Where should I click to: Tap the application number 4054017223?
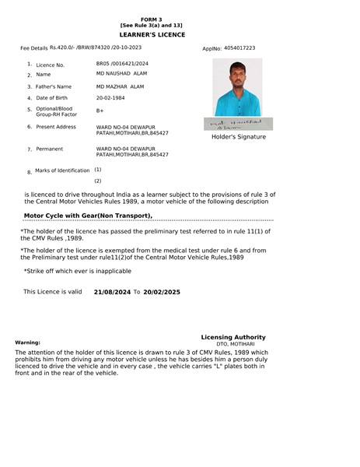coord(239,48)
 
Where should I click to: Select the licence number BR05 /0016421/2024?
coord(122,63)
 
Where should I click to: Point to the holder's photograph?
coord(236,87)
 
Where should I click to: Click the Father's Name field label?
coord(53,86)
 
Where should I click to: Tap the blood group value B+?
coord(100,111)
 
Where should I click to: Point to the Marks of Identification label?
coord(62,170)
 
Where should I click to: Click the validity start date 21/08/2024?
coord(112,292)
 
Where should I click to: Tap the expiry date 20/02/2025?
coord(162,292)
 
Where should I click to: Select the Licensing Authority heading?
coord(233,337)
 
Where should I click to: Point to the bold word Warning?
coord(28,342)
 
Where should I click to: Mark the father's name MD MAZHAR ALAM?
coord(121,86)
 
